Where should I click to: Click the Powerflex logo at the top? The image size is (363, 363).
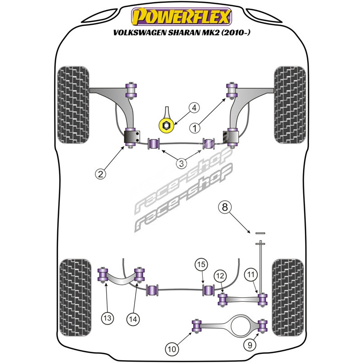pos(181,16)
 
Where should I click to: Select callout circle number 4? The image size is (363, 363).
pos(194,108)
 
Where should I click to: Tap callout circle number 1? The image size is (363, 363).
pos(195,128)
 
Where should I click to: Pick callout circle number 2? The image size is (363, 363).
pos(100,173)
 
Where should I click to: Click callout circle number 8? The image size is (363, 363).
pos(225,207)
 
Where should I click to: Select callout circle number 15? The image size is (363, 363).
pos(201,264)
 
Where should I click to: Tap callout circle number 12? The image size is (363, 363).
pos(220,275)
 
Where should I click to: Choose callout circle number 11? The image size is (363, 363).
pos(251,274)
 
